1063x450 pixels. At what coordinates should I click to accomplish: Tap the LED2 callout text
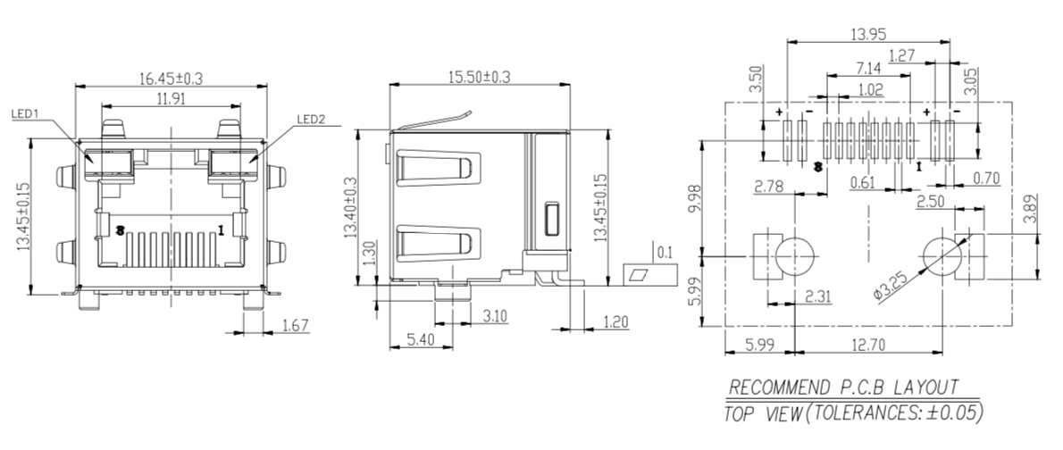tap(311, 120)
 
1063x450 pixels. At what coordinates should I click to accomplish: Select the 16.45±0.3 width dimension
tap(171, 78)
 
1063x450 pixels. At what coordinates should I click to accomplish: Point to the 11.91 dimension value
tap(171, 99)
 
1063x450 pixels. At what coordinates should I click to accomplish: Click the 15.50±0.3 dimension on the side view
tap(479, 77)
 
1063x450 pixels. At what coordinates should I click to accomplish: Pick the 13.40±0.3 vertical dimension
tap(350, 208)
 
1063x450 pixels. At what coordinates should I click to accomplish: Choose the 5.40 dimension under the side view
tap(421, 339)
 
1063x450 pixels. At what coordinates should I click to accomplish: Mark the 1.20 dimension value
tap(615, 322)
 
